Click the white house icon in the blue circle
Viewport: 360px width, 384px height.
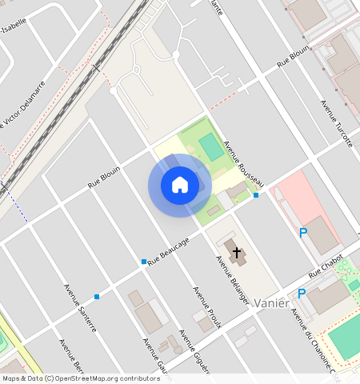pos(180,185)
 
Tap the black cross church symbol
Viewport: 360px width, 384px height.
pos(237,254)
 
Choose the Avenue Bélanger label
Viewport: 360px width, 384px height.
pos(233,280)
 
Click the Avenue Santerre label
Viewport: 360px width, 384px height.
pos(80,308)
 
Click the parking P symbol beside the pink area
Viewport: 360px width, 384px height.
pos(303,234)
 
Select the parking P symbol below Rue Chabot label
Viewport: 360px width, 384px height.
pos(302,294)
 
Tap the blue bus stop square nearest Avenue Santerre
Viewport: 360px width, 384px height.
pos(97,297)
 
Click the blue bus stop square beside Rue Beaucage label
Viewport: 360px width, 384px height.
pos(144,262)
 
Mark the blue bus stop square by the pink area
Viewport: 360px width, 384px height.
pos(256,195)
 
